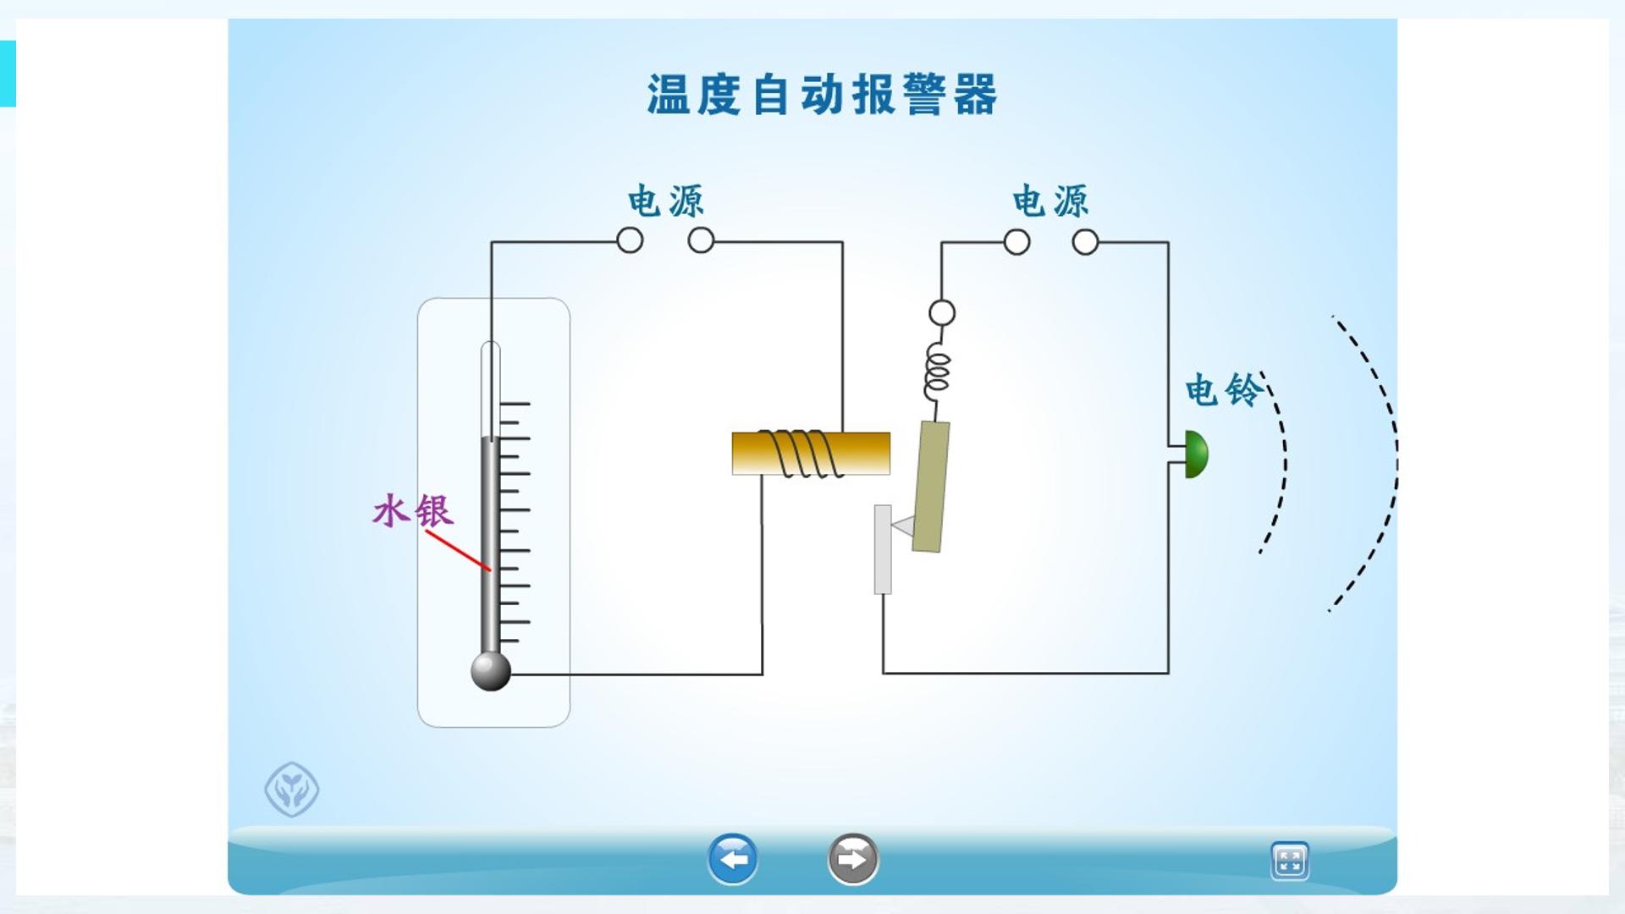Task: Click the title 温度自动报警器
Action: click(822, 94)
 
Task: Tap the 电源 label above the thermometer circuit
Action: click(666, 201)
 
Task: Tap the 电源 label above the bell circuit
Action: click(1051, 201)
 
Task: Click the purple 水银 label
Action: click(413, 511)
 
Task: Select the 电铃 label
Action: click(1223, 390)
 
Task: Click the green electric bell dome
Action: click(1197, 454)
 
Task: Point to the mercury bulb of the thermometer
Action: click(491, 671)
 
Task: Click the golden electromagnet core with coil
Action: click(811, 454)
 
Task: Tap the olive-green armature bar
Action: click(931, 487)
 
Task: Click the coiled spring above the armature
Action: click(937, 370)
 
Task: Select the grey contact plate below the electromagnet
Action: click(883, 549)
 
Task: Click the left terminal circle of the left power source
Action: click(630, 241)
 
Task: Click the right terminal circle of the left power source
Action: click(701, 241)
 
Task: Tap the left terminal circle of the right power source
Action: click(1016, 243)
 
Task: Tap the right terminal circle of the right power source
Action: click(1085, 243)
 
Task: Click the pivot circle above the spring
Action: click(942, 313)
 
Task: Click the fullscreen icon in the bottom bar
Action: click(1290, 862)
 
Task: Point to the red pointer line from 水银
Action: click(458, 551)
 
